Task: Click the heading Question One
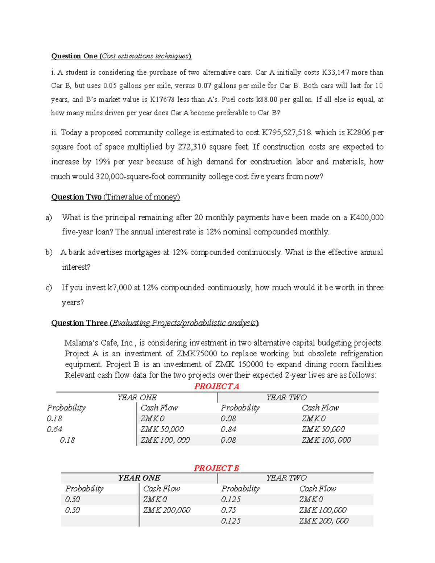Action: coord(74,56)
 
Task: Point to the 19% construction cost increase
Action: coord(102,162)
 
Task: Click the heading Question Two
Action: coord(76,197)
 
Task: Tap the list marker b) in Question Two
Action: coord(49,252)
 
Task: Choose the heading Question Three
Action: coord(79,323)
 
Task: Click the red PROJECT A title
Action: coord(216,386)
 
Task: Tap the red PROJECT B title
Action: coord(216,468)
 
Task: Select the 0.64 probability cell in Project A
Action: coord(54,429)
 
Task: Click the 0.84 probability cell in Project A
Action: coord(228,429)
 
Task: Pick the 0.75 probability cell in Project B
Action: coord(228,510)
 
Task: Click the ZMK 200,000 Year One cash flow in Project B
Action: coord(167,510)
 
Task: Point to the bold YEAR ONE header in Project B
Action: coord(139,478)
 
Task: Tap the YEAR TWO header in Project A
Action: coord(286,398)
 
